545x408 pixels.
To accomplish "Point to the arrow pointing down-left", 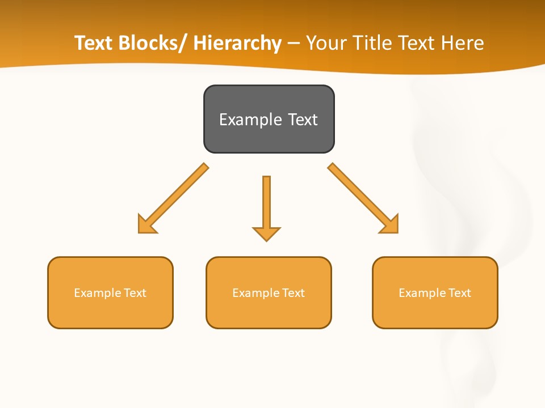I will [176, 196].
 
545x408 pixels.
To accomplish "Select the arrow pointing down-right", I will [360, 196].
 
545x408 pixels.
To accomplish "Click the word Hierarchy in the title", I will [237, 43].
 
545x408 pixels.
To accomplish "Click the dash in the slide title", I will [294, 44].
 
